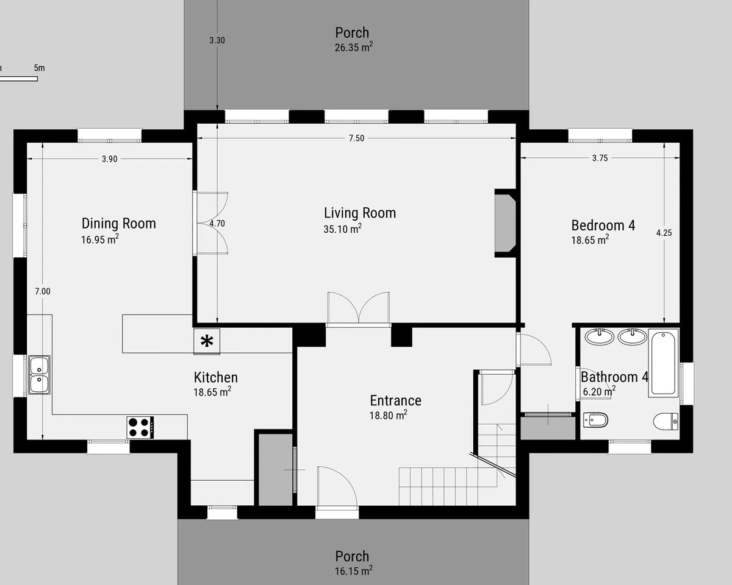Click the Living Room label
click(x=360, y=213)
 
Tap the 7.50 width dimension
click(x=356, y=138)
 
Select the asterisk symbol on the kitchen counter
click(x=207, y=341)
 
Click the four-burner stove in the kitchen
click(x=140, y=427)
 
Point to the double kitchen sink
click(x=39, y=375)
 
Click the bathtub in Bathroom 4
click(x=663, y=363)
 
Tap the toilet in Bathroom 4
click(x=666, y=422)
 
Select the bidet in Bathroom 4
click(x=595, y=420)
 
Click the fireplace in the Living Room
click(x=506, y=223)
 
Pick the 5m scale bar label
click(x=40, y=68)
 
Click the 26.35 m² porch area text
click(x=354, y=48)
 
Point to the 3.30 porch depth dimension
click(x=217, y=40)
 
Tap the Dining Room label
click(x=119, y=223)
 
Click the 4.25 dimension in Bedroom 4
click(x=664, y=233)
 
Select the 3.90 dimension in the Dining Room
click(x=110, y=158)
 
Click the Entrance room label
click(x=396, y=400)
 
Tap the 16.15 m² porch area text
click(x=354, y=571)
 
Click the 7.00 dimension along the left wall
click(x=43, y=291)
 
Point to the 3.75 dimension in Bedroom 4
click(x=600, y=158)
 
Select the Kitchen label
click(x=216, y=377)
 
